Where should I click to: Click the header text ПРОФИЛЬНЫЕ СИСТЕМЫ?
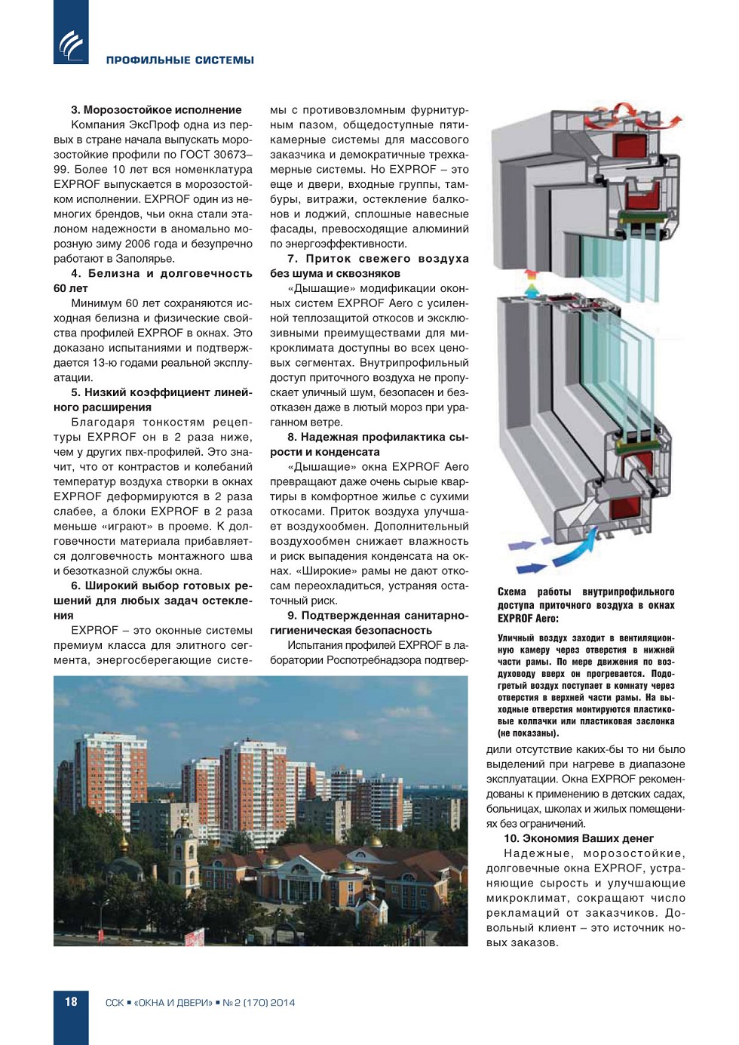pos(179,60)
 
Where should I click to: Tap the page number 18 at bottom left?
pos(71,1002)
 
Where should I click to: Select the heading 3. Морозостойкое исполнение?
pos(156,110)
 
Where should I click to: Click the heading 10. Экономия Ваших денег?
pos(578,838)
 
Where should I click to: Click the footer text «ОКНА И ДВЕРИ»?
pos(173,1003)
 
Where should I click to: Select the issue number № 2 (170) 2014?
pos(259,1003)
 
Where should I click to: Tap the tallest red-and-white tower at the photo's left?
pos(111,770)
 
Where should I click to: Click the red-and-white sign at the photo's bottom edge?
pos(194,938)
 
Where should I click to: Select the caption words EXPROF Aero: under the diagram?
pos(528,619)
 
